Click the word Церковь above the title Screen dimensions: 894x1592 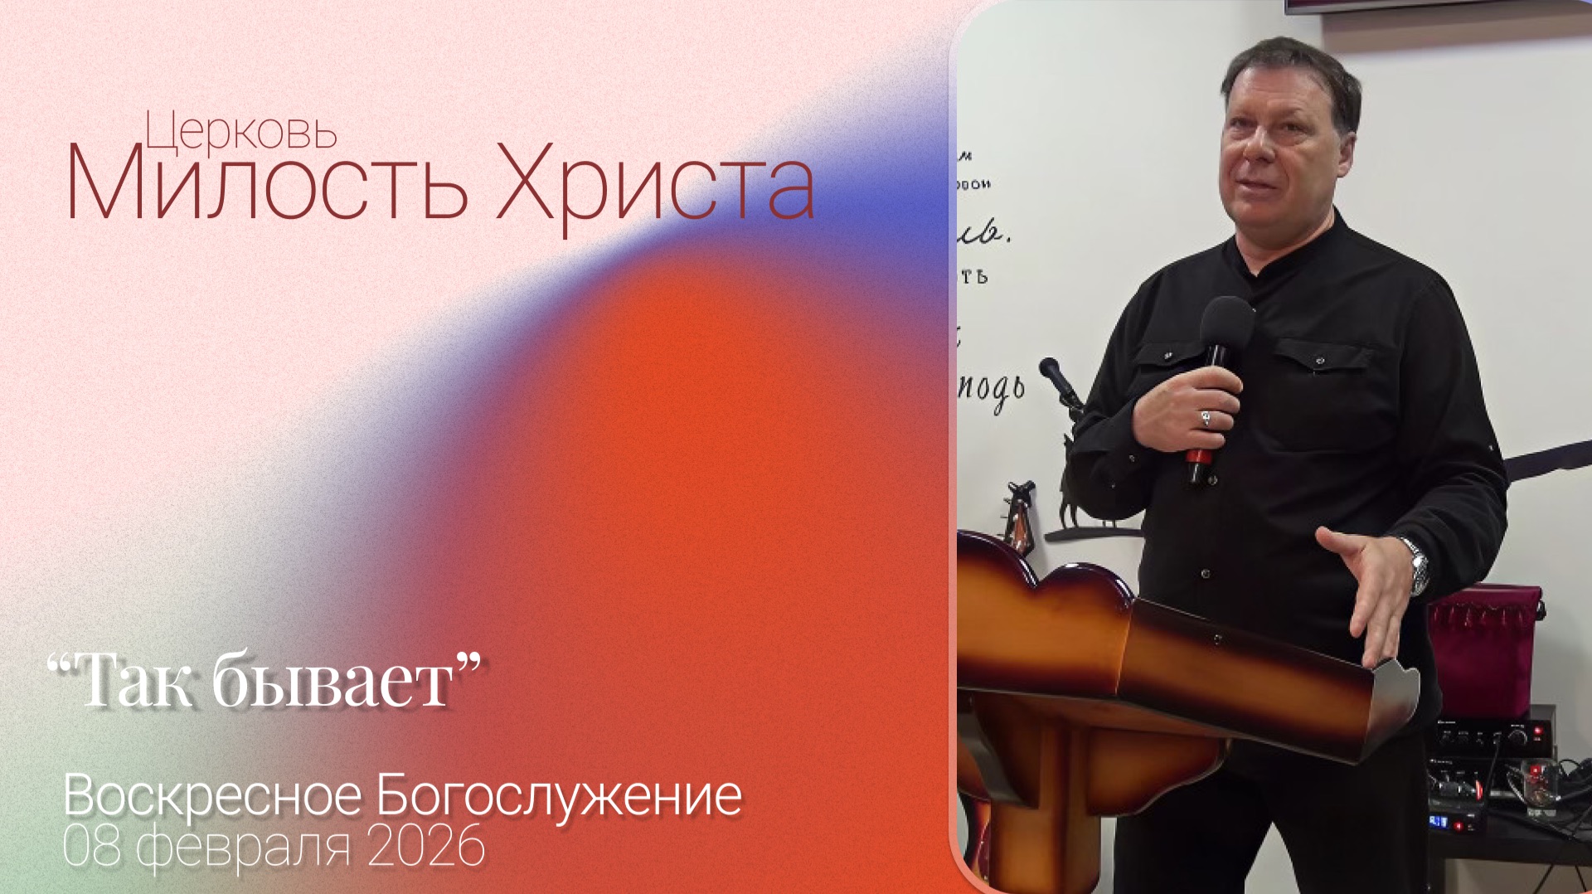pos(240,133)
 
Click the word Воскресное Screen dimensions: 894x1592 pos(212,796)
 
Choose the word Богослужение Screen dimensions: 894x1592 pos(559,796)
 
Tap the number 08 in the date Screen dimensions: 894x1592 pos(91,848)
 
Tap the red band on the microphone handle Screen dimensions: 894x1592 pos(1196,456)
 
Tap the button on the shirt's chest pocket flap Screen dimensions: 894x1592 pos(1319,361)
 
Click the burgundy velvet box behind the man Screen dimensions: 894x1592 pos(1484,639)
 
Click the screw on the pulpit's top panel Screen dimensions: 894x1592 pos(1216,639)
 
